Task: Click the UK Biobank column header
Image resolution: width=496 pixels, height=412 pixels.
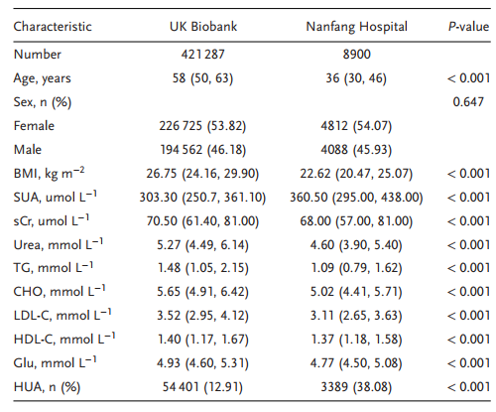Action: pos(203,27)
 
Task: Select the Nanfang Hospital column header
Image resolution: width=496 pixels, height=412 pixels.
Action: pos(356,27)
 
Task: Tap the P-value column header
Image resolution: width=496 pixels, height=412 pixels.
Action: pos(468,27)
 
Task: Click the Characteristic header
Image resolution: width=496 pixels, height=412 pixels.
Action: pos(53,27)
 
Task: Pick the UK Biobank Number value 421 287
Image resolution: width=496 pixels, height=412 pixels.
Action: pos(202,54)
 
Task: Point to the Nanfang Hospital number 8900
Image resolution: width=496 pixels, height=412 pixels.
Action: pos(356,54)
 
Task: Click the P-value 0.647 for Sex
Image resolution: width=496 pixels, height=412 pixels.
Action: pos(468,101)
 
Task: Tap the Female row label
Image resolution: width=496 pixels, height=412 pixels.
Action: pos(34,126)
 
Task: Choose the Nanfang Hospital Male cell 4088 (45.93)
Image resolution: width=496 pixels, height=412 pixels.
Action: pos(356,150)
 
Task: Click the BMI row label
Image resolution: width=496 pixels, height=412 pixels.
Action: pos(49,173)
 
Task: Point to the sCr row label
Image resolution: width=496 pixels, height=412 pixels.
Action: pos(52,220)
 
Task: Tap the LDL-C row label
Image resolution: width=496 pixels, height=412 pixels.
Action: pos(62,315)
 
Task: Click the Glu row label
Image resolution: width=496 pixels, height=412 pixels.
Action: pos(55,362)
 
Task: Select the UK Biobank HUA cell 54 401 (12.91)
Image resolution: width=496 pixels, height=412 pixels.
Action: pos(202,387)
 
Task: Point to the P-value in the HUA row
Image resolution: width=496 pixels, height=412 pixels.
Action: pos(468,386)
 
